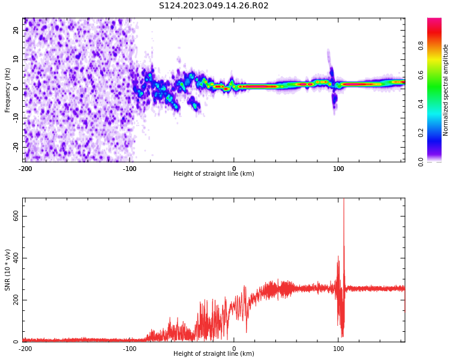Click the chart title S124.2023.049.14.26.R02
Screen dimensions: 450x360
point(214,6)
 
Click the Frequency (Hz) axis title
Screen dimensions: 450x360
point(7,90)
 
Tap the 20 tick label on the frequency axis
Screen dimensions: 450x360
point(16,30)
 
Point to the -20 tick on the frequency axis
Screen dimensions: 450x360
point(16,148)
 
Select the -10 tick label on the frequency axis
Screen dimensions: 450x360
point(16,118)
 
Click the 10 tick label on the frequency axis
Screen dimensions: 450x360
point(16,59)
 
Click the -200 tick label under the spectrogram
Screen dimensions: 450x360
point(25,169)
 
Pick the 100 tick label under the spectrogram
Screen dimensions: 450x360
point(338,169)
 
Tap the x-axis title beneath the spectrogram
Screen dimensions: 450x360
point(214,173)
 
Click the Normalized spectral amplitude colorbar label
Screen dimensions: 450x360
point(445,90)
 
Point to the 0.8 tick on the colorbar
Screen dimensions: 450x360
point(421,46)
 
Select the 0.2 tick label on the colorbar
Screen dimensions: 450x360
point(421,133)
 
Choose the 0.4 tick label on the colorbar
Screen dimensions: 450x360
point(421,104)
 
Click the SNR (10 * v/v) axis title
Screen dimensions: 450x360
point(7,270)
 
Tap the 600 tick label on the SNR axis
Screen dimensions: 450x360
point(16,216)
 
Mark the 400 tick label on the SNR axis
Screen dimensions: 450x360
point(16,258)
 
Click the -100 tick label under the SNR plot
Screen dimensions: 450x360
point(130,349)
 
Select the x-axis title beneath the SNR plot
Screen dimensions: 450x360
point(214,353)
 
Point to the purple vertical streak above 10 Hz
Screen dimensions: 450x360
point(328,58)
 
